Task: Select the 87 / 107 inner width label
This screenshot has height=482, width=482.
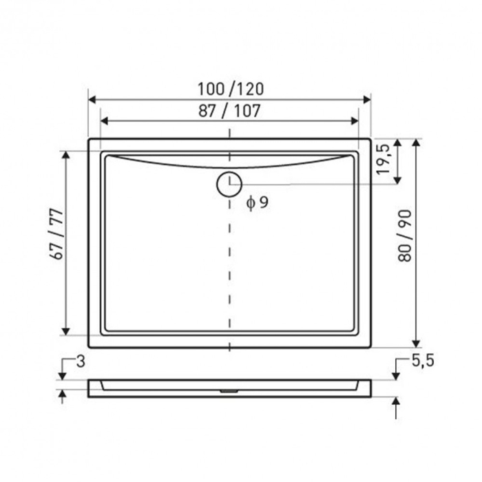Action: [x=229, y=110]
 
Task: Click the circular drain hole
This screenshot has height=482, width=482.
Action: [x=229, y=184]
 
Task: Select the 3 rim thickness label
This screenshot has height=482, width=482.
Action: [x=80, y=361]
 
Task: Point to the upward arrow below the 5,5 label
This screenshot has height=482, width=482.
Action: [x=396, y=404]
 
